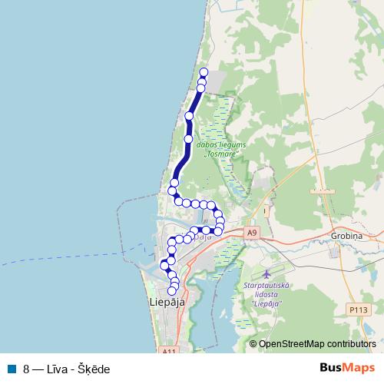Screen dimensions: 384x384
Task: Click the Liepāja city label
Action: [166, 303]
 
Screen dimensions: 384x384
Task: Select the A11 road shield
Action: [170, 351]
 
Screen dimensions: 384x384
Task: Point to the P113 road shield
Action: [358, 309]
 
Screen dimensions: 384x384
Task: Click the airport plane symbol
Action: [266, 274]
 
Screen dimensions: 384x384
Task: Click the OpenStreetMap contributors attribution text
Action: [317, 344]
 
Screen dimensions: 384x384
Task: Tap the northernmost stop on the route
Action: [204, 73]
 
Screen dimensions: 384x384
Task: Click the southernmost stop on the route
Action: [174, 291]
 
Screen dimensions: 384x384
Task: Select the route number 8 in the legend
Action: [26, 369]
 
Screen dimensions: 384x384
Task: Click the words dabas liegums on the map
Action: [219, 144]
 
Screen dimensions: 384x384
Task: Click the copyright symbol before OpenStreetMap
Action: [253, 344]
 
